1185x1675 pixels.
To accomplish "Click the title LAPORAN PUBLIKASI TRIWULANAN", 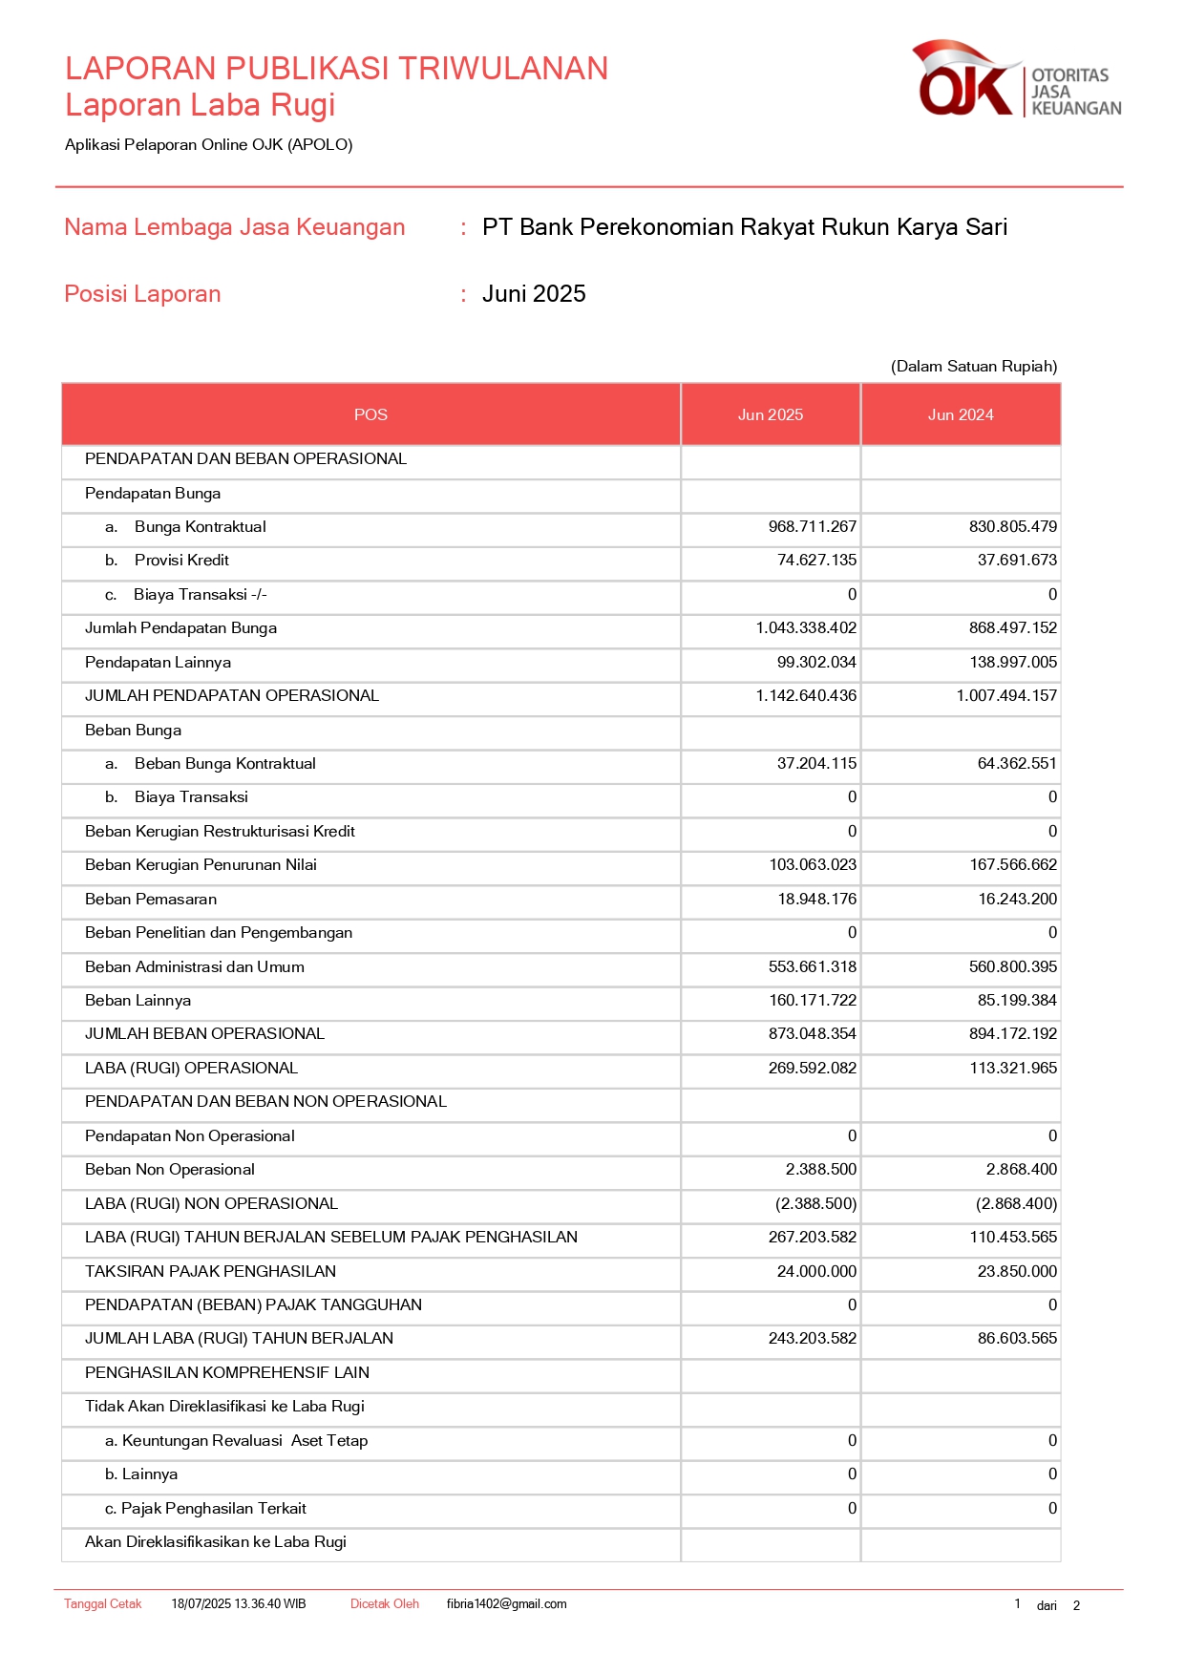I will pos(336,69).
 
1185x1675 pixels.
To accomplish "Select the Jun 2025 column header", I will pos(770,414).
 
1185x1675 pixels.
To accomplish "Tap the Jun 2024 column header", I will pos(960,414).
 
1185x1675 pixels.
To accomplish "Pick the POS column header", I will pos(370,414).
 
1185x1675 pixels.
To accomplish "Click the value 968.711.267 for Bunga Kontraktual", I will pos(812,527).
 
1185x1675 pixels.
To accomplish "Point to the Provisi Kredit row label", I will pos(181,561).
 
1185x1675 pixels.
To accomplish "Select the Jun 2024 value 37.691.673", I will pos(1016,561).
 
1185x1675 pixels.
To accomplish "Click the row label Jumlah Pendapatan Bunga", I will pos(180,628).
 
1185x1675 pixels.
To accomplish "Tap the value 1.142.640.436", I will pos(806,696).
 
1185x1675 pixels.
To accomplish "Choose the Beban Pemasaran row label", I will pos(151,900).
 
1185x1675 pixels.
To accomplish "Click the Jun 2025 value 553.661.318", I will pos(812,967).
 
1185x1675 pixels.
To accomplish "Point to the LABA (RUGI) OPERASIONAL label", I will pos(191,1069).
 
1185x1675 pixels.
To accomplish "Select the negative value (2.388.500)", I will pos(815,1204).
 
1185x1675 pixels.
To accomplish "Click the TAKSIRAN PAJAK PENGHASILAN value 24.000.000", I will pos(816,1272).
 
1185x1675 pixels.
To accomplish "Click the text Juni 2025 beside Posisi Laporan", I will pos(534,294).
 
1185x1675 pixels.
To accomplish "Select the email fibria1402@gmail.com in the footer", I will pos(506,1604).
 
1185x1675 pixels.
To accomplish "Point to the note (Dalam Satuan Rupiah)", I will pos(973,367).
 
